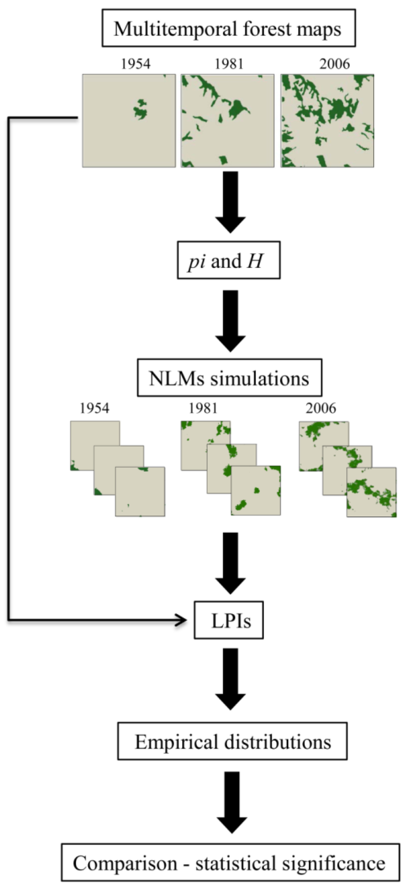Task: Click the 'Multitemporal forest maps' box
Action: pyautogui.click(x=229, y=28)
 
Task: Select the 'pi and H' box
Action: pyautogui.click(x=229, y=260)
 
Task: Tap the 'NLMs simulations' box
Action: pyautogui.click(x=229, y=378)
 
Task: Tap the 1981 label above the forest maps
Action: pyautogui.click(x=229, y=64)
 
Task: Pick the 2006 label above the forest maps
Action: pyautogui.click(x=334, y=64)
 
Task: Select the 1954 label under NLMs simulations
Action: pyautogui.click(x=94, y=408)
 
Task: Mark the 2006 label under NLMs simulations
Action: pyautogui.click(x=321, y=408)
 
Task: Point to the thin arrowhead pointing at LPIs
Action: pyautogui.click(x=182, y=620)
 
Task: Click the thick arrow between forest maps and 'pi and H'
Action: pyautogui.click(x=230, y=202)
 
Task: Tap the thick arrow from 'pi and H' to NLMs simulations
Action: pyautogui.click(x=230, y=320)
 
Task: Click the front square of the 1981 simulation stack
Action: pyautogui.click(x=256, y=490)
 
